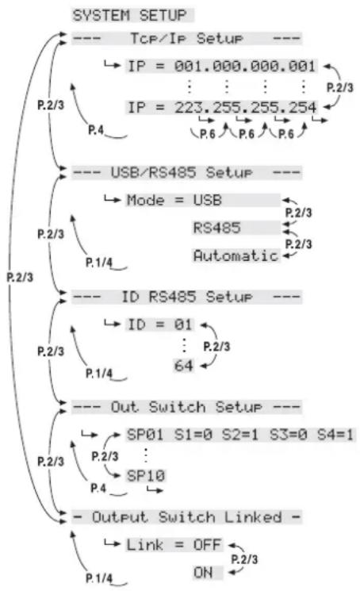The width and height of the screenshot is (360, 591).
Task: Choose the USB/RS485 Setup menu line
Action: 186,171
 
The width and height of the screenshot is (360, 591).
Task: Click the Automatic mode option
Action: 236,255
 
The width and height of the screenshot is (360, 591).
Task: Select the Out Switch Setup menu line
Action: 186,406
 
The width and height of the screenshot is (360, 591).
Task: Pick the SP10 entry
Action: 147,474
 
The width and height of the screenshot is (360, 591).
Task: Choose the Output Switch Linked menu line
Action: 186,517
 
